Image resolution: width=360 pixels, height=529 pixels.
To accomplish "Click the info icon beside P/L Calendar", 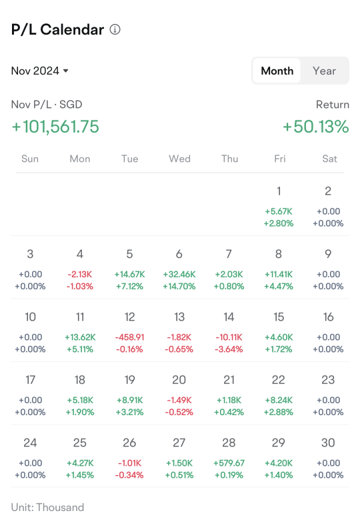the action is [x=115, y=30].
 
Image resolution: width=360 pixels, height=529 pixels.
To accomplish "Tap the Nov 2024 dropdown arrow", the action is [x=66, y=71].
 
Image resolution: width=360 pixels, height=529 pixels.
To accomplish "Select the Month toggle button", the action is [x=277, y=71].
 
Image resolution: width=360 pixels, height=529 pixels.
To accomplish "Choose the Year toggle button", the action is [x=324, y=71].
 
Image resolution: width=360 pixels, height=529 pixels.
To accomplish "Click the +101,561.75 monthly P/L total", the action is [x=55, y=127].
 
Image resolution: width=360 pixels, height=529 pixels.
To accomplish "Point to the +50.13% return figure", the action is [x=316, y=127].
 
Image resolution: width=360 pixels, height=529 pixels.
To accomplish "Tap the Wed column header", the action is [x=179, y=159].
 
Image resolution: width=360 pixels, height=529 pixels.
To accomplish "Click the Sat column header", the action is [x=329, y=159].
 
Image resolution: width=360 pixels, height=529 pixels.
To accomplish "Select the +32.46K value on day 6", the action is [x=179, y=274].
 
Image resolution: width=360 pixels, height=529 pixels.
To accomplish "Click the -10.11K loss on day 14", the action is [x=229, y=337].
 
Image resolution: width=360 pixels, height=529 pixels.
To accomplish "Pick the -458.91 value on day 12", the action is [x=130, y=337].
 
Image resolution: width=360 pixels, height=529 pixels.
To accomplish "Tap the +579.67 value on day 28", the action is [x=229, y=463].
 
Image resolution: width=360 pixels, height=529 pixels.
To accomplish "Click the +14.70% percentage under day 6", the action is [x=179, y=286].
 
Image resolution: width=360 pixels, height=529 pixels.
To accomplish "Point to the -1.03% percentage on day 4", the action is [x=80, y=286].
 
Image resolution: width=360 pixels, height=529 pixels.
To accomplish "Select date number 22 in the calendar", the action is [x=279, y=380].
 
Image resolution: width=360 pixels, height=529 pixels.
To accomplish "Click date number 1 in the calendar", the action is [x=279, y=191].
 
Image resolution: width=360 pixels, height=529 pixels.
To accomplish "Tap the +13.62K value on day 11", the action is [x=80, y=337].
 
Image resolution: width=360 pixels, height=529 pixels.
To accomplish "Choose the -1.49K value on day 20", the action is [x=179, y=400].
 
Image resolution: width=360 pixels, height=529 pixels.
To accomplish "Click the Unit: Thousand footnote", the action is [x=47, y=508].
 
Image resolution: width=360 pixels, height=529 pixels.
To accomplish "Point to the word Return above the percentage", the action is [x=332, y=105].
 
